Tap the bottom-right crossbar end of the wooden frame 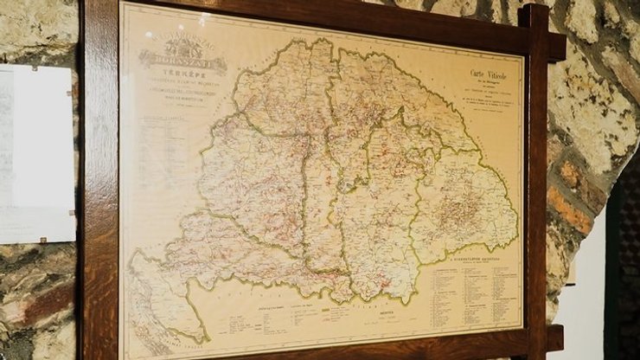[x=554, y=337]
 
